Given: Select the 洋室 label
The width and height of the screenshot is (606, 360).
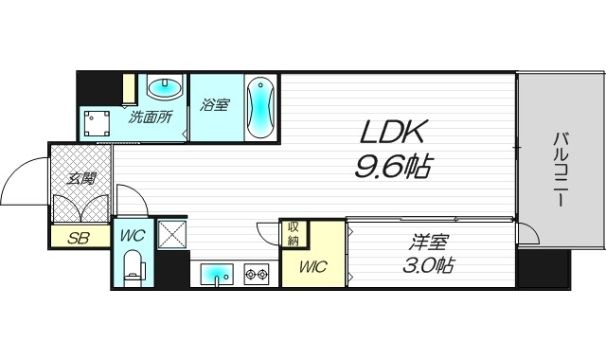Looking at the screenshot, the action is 429,243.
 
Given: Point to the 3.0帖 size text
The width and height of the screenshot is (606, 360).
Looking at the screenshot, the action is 429,265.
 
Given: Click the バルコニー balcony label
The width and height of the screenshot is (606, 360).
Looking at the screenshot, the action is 561,169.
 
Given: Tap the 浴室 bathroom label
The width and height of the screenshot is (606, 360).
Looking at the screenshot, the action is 215,105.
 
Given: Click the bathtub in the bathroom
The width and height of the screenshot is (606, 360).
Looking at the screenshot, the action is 260,107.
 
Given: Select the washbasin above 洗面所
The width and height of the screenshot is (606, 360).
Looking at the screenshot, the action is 166,88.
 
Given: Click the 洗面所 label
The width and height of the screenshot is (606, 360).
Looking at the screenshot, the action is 151,117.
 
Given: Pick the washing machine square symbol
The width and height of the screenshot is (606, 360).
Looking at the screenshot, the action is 97,123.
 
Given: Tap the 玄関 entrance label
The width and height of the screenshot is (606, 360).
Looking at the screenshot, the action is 81,179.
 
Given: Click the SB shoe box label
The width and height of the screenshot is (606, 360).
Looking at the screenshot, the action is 79,238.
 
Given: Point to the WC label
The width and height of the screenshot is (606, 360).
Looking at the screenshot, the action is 133,235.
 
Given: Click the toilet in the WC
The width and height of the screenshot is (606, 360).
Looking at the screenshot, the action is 133,267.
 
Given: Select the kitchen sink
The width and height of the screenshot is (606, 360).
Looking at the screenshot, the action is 217,275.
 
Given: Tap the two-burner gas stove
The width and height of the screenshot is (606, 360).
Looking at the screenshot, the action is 257,274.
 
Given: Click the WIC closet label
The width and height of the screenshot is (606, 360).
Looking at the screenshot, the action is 313,266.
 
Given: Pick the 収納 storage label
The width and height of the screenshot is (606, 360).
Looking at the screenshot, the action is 294,234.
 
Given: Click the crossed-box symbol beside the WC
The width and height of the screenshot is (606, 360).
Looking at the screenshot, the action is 172,234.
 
